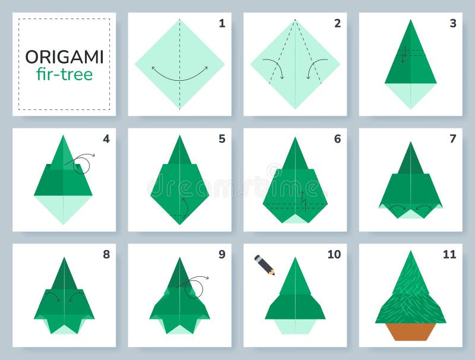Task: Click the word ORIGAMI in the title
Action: coord(64,57)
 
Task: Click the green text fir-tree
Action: coord(64,74)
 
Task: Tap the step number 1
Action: coord(221,24)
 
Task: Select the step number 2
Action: coord(337,24)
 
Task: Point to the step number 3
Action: coord(453,24)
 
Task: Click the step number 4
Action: coord(106,139)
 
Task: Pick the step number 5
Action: coord(221,139)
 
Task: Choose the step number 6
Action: coord(337,139)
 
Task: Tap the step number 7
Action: coord(453,139)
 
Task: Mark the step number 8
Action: coord(106,254)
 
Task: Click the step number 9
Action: coord(221,254)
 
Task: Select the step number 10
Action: coord(334,254)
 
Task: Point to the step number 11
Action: coord(449,254)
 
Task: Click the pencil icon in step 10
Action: coord(265,265)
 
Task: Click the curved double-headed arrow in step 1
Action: coord(179,75)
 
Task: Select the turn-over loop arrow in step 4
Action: coord(82,162)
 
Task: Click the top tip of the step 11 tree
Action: coord(410,252)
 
